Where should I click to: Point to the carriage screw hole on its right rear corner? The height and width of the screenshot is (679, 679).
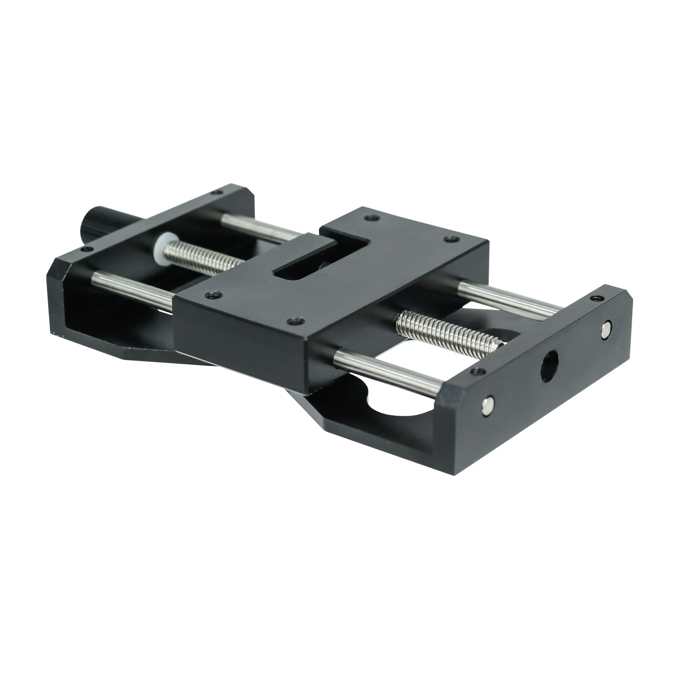[452, 239]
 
